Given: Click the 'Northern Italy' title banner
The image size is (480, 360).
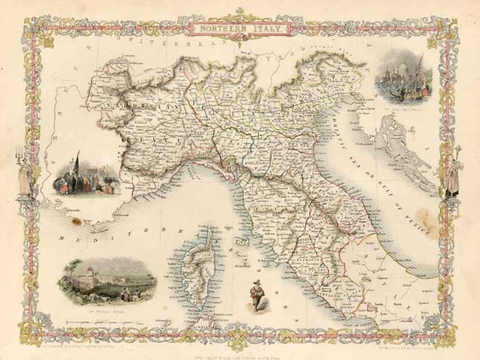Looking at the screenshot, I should coord(240,29).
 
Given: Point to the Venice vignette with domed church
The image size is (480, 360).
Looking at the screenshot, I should coord(404,77).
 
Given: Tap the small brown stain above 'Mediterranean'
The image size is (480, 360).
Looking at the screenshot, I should coord(75,217).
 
